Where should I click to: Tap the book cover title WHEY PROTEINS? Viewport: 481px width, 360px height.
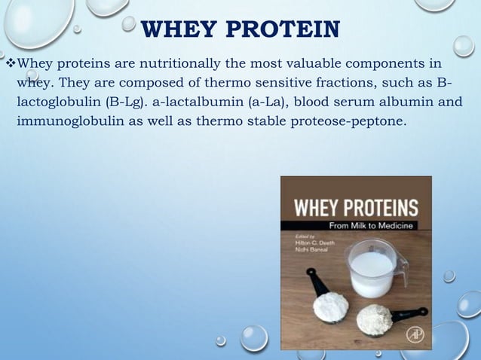(355, 207)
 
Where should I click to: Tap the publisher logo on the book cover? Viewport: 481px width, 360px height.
(413, 335)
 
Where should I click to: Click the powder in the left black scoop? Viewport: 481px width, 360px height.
(330, 305)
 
